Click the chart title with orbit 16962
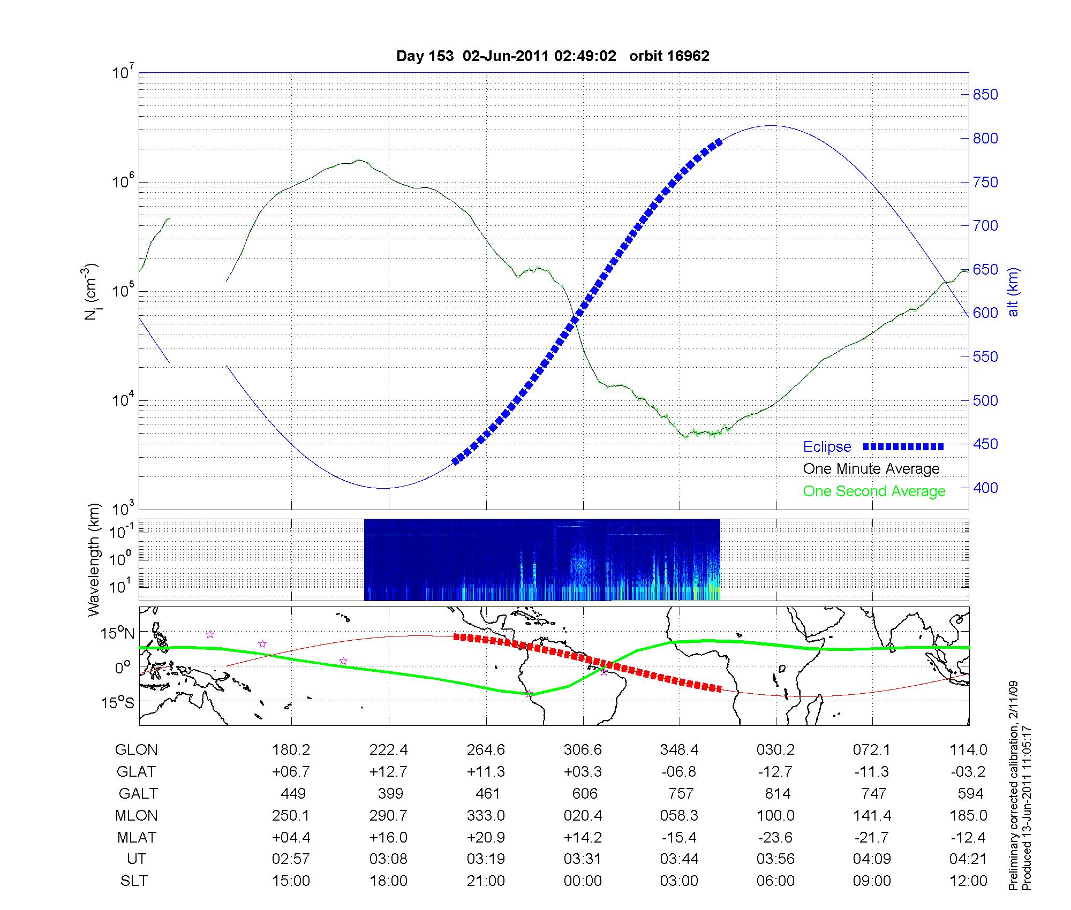pyautogui.click(x=553, y=56)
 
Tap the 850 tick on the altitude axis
pyautogui.click(x=985, y=95)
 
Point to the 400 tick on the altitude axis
pyautogui.click(x=985, y=488)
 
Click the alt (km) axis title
pyautogui.click(x=1013, y=292)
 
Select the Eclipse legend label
pyautogui.click(x=827, y=447)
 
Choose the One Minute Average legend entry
pyautogui.click(x=871, y=469)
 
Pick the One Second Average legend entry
pyautogui.click(x=874, y=491)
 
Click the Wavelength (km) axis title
pyautogui.click(x=94, y=559)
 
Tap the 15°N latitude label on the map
pyautogui.click(x=117, y=634)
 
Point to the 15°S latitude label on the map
pyautogui.click(x=117, y=702)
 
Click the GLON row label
pyautogui.click(x=137, y=750)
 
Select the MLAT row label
pyautogui.click(x=137, y=837)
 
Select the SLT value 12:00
pyautogui.click(x=969, y=881)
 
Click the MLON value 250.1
pyautogui.click(x=291, y=815)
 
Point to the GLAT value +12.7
pyautogui.click(x=388, y=772)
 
